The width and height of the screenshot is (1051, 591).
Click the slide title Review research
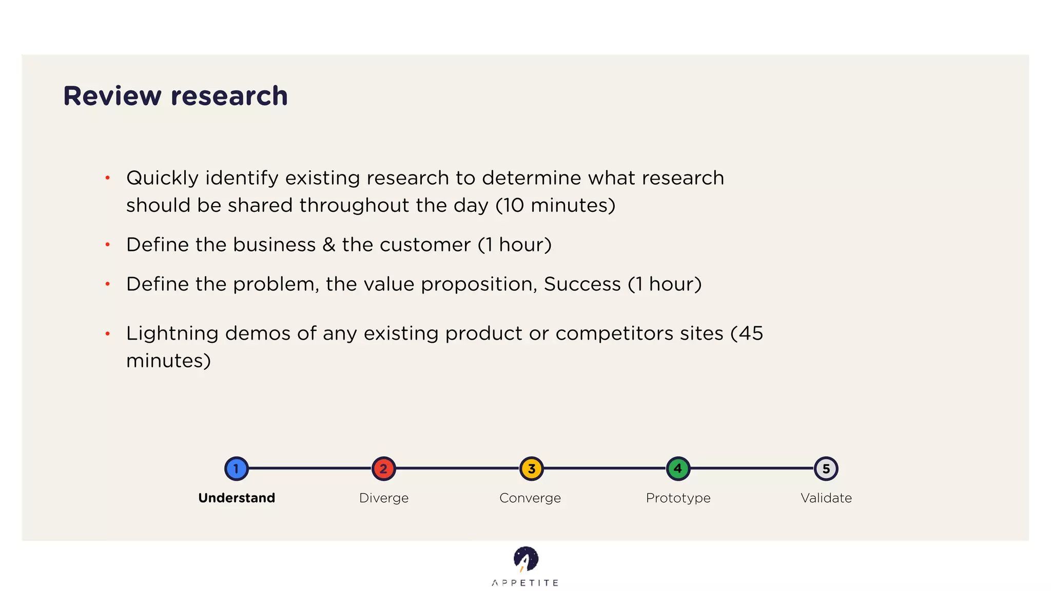pos(175,96)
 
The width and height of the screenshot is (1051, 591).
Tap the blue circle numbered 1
pos(237,468)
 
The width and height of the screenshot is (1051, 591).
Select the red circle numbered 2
pos(383,468)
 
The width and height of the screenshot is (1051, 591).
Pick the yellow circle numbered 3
pos(531,468)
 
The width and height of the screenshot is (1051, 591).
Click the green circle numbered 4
pos(678,468)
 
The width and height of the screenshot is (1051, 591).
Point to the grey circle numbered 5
pos(826,468)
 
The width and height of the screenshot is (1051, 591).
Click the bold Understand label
pos(237,498)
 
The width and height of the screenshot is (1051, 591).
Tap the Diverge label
pos(384,498)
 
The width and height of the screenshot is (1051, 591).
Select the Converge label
pos(530,498)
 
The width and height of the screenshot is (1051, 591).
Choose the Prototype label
pos(678,498)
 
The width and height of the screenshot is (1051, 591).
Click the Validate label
pos(826,498)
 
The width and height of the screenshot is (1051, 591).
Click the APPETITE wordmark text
pos(525,583)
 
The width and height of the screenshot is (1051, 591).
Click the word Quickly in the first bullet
pos(162,178)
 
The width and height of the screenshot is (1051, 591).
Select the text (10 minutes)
pos(555,205)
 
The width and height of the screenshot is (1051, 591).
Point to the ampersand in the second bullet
pos(328,245)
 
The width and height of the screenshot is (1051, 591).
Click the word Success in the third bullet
pos(582,284)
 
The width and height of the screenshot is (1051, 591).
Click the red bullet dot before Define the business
pos(108,245)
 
